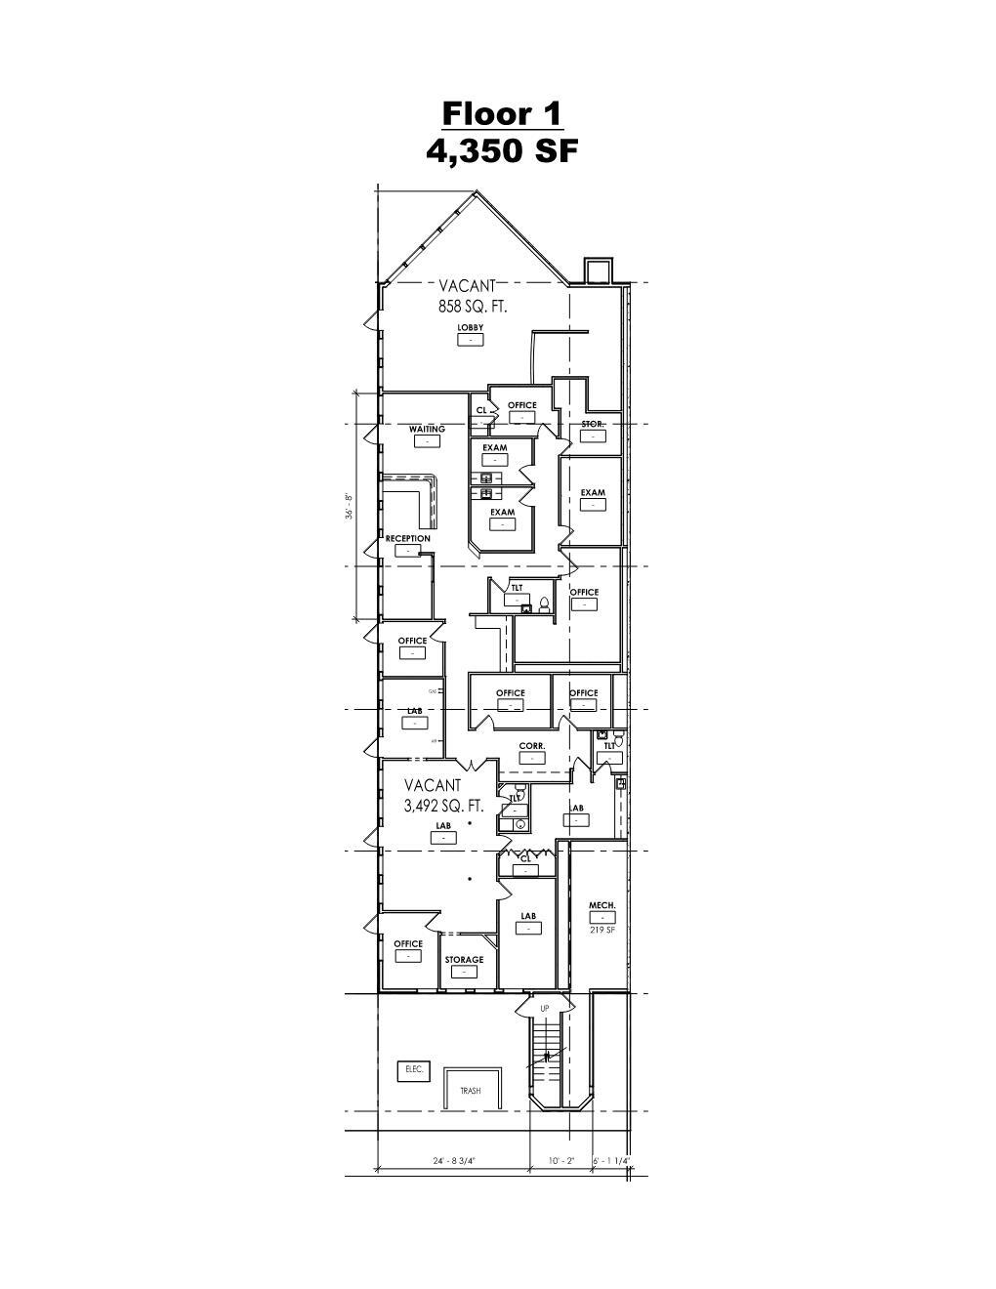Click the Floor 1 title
click(x=502, y=113)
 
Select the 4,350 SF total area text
click(x=502, y=151)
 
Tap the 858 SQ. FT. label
click(x=473, y=306)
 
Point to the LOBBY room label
click(x=471, y=328)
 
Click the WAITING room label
click(x=427, y=429)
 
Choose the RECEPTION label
click(x=407, y=539)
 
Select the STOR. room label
click(x=593, y=425)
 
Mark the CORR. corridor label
click(x=531, y=746)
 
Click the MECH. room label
click(x=602, y=906)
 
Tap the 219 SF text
click(x=602, y=930)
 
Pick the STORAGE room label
click(x=464, y=960)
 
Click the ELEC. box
click(x=413, y=1070)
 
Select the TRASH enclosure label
click(x=471, y=1091)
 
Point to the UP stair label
click(x=545, y=1008)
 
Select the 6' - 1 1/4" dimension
click(x=612, y=1161)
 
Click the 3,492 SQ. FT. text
click(x=444, y=807)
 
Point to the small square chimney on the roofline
click(x=597, y=270)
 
